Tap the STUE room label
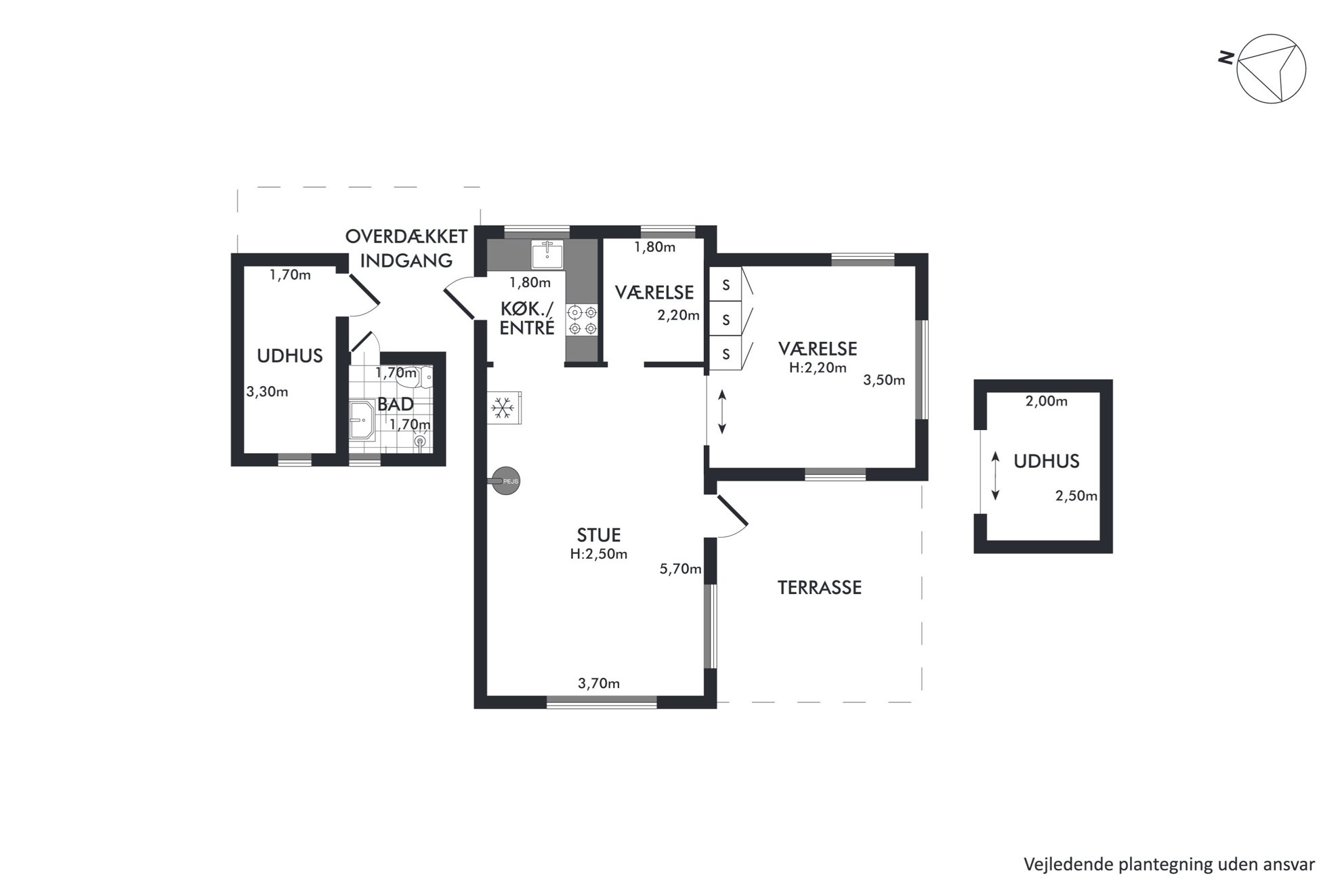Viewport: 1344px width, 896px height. click(x=599, y=535)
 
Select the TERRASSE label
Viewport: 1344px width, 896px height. click(x=820, y=587)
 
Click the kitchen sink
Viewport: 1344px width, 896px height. click(x=547, y=255)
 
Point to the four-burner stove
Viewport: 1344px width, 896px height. click(x=583, y=320)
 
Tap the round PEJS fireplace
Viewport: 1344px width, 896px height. click(x=506, y=481)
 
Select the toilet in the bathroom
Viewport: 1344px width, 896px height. click(x=425, y=376)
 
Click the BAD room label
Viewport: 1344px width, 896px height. click(x=396, y=404)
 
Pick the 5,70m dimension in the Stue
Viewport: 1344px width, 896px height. click(x=680, y=569)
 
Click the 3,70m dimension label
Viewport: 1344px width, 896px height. click(x=599, y=683)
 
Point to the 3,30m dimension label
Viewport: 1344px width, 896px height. click(x=267, y=391)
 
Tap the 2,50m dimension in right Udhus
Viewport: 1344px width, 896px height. click(x=1076, y=496)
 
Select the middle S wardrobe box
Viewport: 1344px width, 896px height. click(x=726, y=319)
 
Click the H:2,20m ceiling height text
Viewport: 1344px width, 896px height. click(x=818, y=368)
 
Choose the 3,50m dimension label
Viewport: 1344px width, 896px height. click(x=884, y=380)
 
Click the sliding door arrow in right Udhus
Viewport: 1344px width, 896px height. click(x=995, y=476)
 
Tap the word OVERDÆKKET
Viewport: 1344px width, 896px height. click(x=406, y=236)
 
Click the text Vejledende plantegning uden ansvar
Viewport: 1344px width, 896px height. click(x=1169, y=864)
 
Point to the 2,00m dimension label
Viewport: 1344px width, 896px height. click(x=1047, y=401)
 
